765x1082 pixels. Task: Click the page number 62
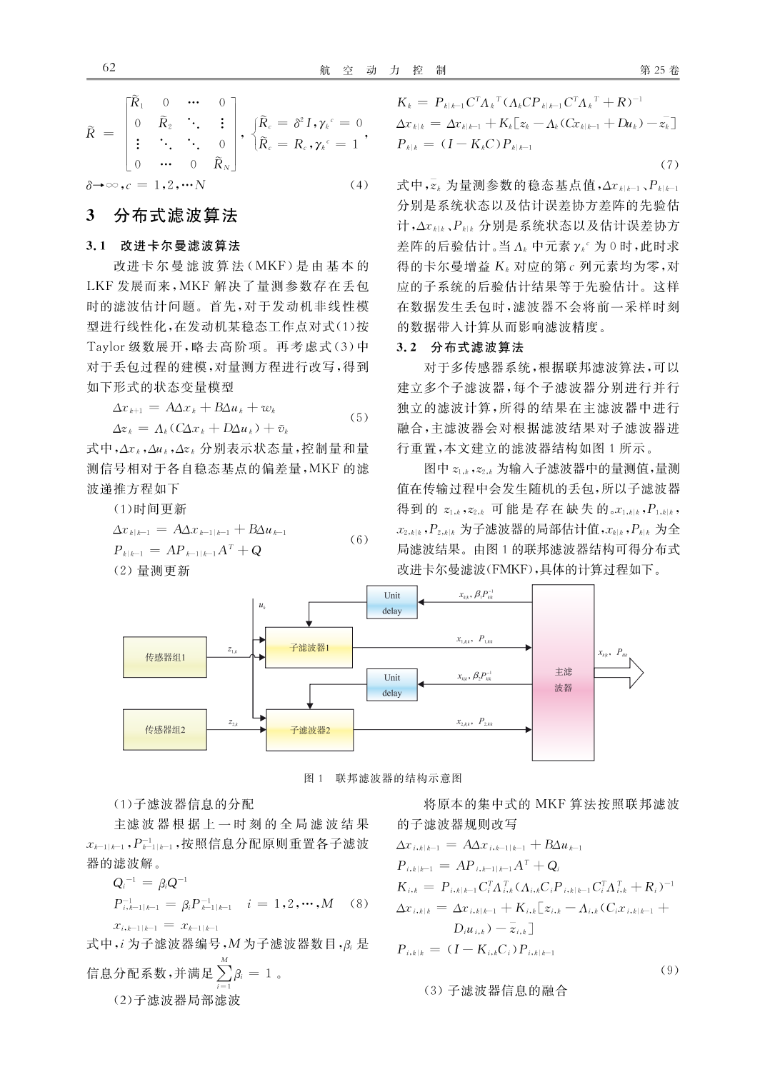click(109, 68)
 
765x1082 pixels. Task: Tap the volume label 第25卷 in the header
click(659, 70)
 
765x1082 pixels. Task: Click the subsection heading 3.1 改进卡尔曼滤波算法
click(163, 246)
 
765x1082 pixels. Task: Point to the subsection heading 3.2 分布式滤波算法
click(460, 347)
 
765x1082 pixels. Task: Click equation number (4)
click(359, 185)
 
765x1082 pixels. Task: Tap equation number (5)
click(359, 417)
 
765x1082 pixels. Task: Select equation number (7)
click(669, 165)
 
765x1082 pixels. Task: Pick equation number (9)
click(669, 970)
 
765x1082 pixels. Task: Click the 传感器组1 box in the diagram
click(165, 656)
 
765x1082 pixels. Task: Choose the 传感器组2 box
click(165, 730)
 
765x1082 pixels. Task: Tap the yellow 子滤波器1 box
click(309, 648)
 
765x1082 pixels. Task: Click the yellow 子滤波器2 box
click(309, 731)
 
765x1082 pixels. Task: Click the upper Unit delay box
click(391, 603)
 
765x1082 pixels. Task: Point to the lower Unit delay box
click(391, 685)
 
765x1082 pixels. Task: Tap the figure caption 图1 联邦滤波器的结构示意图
click(383, 778)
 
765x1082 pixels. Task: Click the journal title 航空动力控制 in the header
click(383, 70)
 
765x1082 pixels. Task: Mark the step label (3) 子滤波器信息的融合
click(495, 991)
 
